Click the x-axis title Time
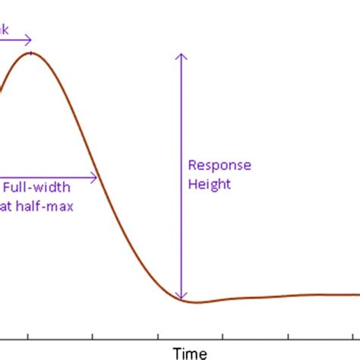pos(190,352)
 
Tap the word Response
pos(219,166)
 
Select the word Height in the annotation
pos(209,185)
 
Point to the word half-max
pos(46,206)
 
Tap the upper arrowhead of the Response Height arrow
pos(181,55)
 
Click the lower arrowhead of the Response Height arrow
pos(181,295)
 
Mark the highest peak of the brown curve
pos(30,53)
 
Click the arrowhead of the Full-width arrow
pos(95,178)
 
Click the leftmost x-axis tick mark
pos(28,335)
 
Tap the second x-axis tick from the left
pos(93,335)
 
